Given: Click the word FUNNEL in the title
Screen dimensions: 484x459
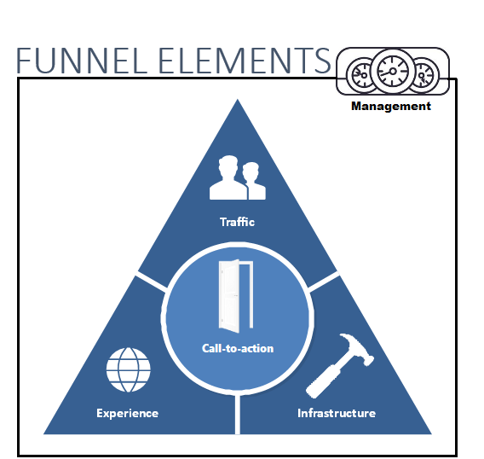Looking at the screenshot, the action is tap(81, 61).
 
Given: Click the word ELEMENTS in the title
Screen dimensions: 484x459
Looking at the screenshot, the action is tap(245, 61).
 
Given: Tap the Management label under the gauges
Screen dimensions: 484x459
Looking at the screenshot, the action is tap(391, 106).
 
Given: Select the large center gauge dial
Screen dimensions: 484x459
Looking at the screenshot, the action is tap(393, 72).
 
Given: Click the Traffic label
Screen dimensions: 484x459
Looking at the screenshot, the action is tap(237, 222).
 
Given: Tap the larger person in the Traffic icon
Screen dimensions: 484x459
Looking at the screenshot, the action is tap(228, 177).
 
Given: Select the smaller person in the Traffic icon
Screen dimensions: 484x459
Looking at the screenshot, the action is tap(254, 181).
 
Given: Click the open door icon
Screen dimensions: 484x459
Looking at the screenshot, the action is tap(235, 296).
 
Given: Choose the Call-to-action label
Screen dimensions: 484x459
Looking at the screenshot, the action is tap(238, 349).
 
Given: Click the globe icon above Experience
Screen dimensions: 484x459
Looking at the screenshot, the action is tap(129, 369).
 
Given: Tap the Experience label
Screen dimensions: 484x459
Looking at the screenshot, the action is tap(128, 414).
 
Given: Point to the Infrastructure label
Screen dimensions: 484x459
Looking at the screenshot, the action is tap(337, 413).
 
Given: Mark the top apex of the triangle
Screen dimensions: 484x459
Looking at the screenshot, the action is tap(238, 99).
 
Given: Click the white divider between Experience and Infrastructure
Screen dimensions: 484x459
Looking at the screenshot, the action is tap(238, 414).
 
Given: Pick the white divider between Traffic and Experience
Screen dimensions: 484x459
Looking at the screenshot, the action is tap(152, 281).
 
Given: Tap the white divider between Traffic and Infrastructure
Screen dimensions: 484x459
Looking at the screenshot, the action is tap(324, 282).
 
